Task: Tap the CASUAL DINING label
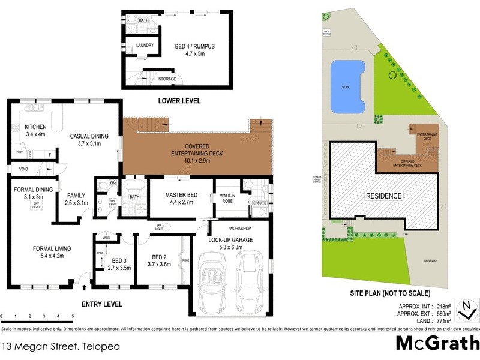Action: (89, 136)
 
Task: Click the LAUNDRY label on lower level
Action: (145, 45)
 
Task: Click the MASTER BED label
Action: (178, 195)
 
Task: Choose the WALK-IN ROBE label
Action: (228, 197)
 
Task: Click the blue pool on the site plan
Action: (347, 86)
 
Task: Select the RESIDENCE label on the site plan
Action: (385, 196)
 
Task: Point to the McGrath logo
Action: (437, 344)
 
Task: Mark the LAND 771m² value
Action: (434, 321)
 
